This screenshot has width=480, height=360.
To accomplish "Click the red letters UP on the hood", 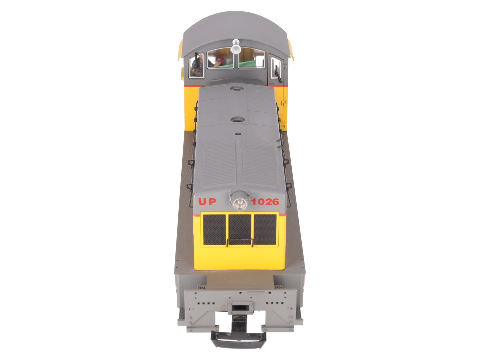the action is [207, 202].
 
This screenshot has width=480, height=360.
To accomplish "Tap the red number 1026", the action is [265, 202].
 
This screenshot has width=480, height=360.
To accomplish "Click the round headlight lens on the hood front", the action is [240, 204].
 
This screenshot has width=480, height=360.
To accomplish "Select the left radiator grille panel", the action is [214, 229].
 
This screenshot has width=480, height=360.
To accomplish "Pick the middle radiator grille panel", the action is [240, 229].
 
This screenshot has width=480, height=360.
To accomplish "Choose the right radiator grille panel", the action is [265, 229].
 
